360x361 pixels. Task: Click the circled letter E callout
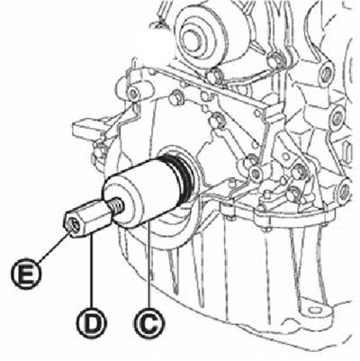pos(26,274)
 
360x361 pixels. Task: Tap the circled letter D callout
pos(92,323)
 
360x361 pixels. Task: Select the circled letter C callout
pos(149,324)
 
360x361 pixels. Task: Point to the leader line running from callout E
pos(53,247)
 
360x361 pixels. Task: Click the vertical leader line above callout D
pos(92,272)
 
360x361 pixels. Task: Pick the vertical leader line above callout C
pos(149,266)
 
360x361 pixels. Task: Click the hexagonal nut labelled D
pos(88,217)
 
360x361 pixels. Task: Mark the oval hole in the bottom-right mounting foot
pos(313,310)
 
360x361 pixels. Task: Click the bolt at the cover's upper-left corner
pos(133,94)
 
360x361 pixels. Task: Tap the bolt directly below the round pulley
pos(213,77)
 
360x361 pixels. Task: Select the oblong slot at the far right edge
pos(347,150)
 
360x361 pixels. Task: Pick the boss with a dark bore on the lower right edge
pos(344,191)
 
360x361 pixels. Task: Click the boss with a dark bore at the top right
pos(326,72)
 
